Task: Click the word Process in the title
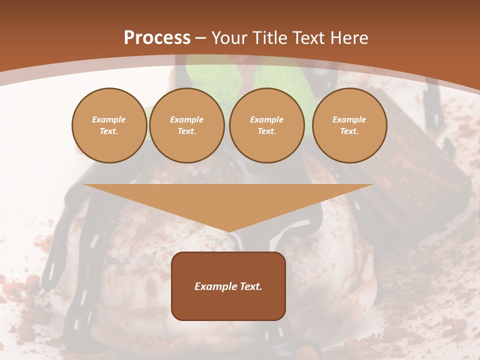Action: [157, 38]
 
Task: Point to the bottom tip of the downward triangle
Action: [228, 231]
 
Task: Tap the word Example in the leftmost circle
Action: [109, 119]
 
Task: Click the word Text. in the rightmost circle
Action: [349, 131]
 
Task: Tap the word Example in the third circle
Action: [267, 119]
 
